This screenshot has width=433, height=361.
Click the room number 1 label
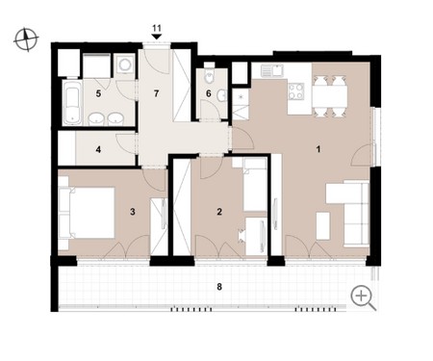click(318, 149)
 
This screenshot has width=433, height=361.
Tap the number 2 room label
click(219, 212)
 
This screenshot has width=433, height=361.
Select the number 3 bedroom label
click(133, 212)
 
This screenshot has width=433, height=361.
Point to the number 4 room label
click(98, 149)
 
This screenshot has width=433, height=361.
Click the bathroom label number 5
click(98, 93)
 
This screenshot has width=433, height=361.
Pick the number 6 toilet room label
click(209, 93)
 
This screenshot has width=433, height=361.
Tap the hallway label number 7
click(156, 93)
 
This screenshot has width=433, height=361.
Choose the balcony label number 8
click(219, 287)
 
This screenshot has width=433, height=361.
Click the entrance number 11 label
click(157, 28)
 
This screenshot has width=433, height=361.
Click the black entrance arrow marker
click(157, 37)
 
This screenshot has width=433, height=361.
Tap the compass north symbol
click(26, 39)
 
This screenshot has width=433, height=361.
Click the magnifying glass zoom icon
click(363, 298)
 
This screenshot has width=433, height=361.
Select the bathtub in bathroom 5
click(71, 102)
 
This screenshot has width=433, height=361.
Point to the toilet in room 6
click(209, 76)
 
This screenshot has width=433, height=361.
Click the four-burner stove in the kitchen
click(296, 91)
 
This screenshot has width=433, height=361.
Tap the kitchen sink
click(272, 70)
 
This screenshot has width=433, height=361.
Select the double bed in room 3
click(87, 213)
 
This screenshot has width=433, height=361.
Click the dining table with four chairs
click(330, 96)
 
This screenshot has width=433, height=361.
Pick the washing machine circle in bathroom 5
click(125, 64)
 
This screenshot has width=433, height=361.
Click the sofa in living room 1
click(356, 213)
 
